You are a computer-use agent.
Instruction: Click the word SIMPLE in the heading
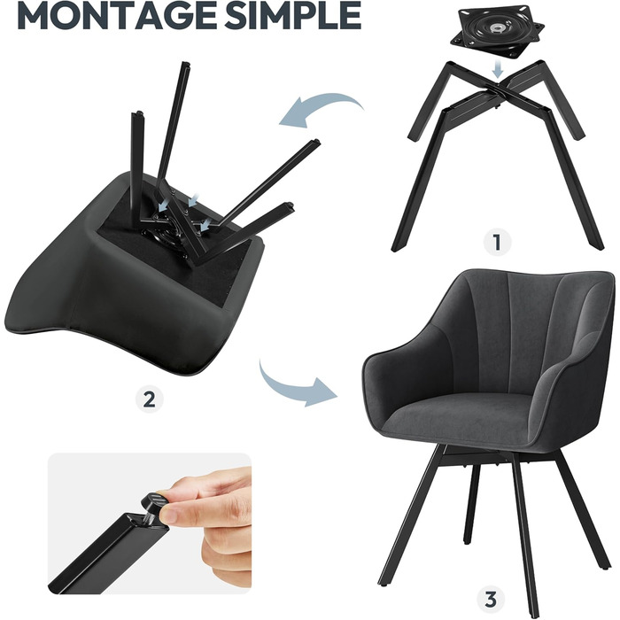point(293,15)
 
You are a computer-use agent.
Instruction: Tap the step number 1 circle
point(498,242)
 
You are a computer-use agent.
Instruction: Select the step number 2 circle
point(149,399)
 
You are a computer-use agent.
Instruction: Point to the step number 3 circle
point(491,601)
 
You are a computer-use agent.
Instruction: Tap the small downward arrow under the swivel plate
point(499,70)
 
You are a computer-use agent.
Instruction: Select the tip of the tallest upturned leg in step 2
point(184,64)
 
